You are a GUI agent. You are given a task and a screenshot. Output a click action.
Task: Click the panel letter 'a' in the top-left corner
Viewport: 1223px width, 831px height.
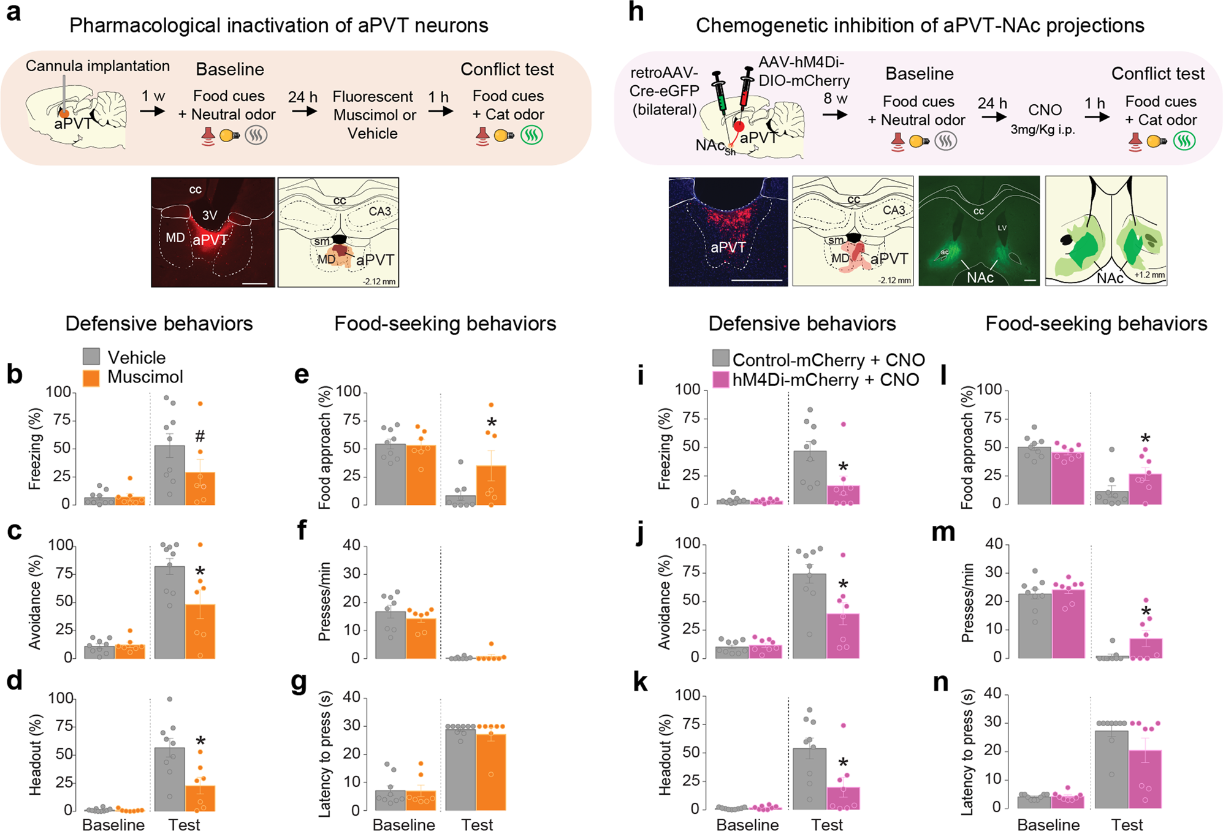[13, 12]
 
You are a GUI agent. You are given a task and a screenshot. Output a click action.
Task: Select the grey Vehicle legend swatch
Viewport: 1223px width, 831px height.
[91, 357]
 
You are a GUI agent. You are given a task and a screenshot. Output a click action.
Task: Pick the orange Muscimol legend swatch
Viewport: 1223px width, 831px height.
[91, 378]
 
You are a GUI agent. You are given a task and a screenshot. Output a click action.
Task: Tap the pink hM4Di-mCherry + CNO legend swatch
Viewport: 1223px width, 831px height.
[721, 380]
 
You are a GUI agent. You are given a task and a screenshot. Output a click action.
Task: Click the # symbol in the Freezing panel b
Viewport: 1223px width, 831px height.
[200, 436]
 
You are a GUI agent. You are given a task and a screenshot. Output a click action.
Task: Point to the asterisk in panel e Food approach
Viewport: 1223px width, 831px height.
[492, 423]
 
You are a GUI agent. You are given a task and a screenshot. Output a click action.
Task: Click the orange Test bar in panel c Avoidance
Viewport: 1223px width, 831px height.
[200, 631]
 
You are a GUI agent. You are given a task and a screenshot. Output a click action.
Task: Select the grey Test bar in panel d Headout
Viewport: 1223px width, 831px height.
[170, 779]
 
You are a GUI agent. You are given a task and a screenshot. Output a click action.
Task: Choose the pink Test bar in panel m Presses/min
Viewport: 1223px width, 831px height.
[1146, 648]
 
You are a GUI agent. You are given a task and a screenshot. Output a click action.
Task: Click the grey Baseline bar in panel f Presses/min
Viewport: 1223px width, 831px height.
[391, 635]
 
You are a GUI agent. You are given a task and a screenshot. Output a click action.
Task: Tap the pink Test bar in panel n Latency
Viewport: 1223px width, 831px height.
[1146, 779]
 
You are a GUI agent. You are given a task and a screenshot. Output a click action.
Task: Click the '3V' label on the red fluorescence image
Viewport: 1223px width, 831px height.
[210, 215]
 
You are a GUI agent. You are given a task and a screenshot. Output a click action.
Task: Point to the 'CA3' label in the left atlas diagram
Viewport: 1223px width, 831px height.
[379, 211]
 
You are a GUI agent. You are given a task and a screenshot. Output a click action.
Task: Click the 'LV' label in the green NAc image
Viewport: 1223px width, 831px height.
[1002, 228]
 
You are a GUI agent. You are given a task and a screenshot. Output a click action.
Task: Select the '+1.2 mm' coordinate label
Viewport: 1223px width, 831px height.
[1149, 275]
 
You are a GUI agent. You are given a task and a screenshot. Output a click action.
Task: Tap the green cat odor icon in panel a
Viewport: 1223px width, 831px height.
[531, 135]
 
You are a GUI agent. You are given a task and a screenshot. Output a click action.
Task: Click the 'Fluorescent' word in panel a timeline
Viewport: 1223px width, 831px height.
[373, 97]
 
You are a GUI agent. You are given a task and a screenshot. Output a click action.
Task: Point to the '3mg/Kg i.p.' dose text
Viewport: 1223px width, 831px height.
[1043, 130]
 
